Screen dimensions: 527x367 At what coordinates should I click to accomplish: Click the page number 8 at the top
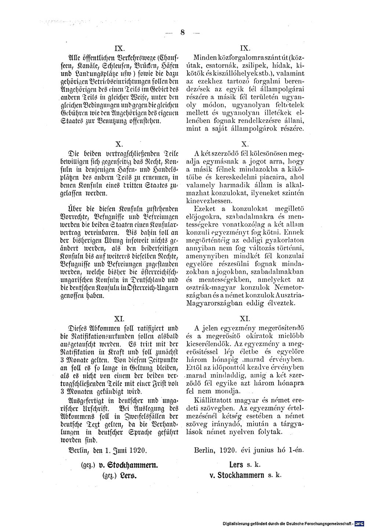coord(182,32)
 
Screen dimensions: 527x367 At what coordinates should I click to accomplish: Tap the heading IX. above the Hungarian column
coord(245,48)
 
